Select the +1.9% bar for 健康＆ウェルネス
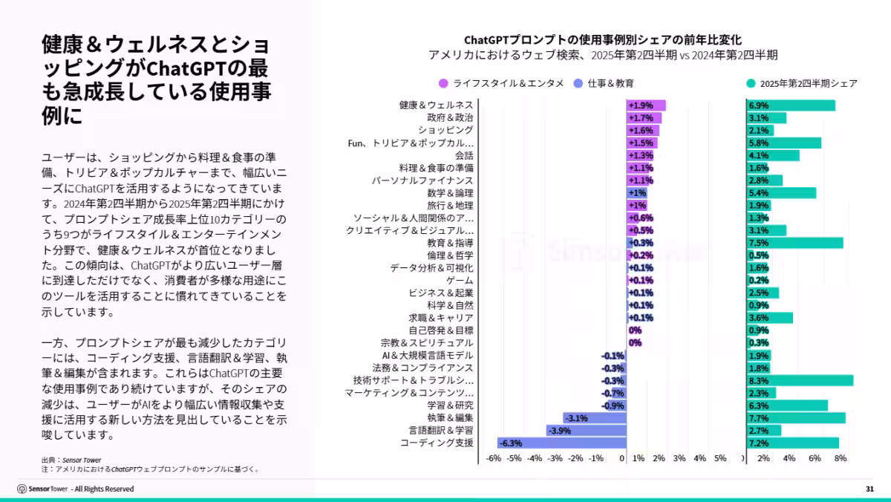coord(646,105)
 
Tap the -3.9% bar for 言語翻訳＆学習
coord(587,430)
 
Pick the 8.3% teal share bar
coord(800,380)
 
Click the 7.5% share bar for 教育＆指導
coord(794,243)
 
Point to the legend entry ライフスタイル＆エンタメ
coord(501,83)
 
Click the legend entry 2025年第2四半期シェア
coord(801,83)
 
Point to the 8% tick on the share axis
coord(841,458)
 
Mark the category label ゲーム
coord(460,280)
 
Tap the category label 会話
coord(464,155)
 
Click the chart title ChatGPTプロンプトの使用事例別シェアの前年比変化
coord(602,40)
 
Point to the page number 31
coord(869,489)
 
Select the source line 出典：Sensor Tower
coord(71,460)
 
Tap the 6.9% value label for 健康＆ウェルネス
coord(758,105)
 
